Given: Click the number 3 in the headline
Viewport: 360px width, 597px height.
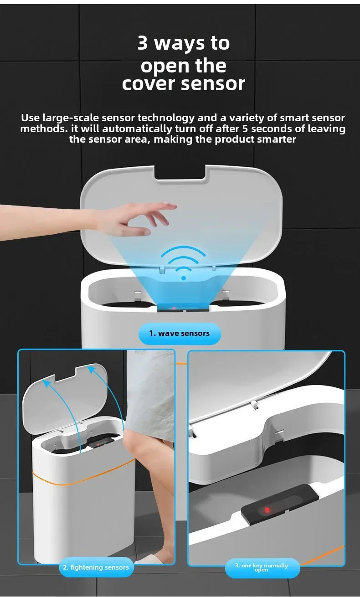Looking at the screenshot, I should point(143,43).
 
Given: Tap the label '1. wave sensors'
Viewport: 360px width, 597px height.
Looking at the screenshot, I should point(180,334).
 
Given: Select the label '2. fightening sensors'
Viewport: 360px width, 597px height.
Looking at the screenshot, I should point(96,567).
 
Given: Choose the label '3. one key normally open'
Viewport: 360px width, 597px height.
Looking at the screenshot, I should point(262,567).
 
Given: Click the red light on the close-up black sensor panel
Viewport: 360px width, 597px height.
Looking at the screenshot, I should point(267,509).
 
